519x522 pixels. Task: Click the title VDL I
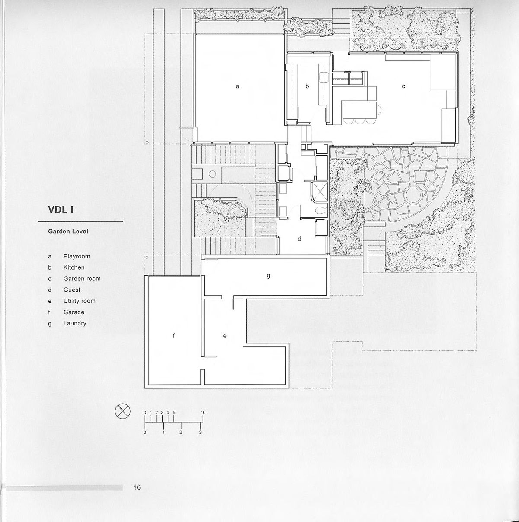(61, 210)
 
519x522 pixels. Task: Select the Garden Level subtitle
(68, 232)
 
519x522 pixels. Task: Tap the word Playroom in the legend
(77, 256)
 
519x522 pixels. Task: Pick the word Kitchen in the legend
(74, 267)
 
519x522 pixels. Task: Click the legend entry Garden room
(82, 279)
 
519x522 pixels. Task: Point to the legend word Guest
(72, 290)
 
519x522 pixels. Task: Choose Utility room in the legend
(79, 301)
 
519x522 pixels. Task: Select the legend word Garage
(74, 312)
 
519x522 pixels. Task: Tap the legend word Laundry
(75, 323)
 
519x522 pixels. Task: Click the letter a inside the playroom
(237, 86)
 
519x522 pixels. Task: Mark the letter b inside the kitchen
(307, 86)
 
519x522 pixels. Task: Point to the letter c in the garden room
(404, 86)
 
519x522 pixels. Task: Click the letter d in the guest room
(299, 239)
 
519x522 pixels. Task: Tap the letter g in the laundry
(269, 275)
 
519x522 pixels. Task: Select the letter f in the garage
(174, 336)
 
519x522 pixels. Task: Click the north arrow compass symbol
(122, 411)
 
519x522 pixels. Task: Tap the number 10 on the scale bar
(203, 412)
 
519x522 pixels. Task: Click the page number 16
(137, 487)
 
